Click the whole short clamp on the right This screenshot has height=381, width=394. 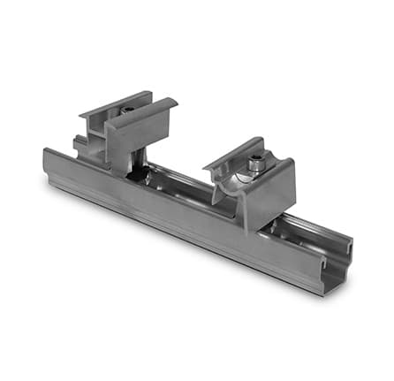point(252,181)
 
